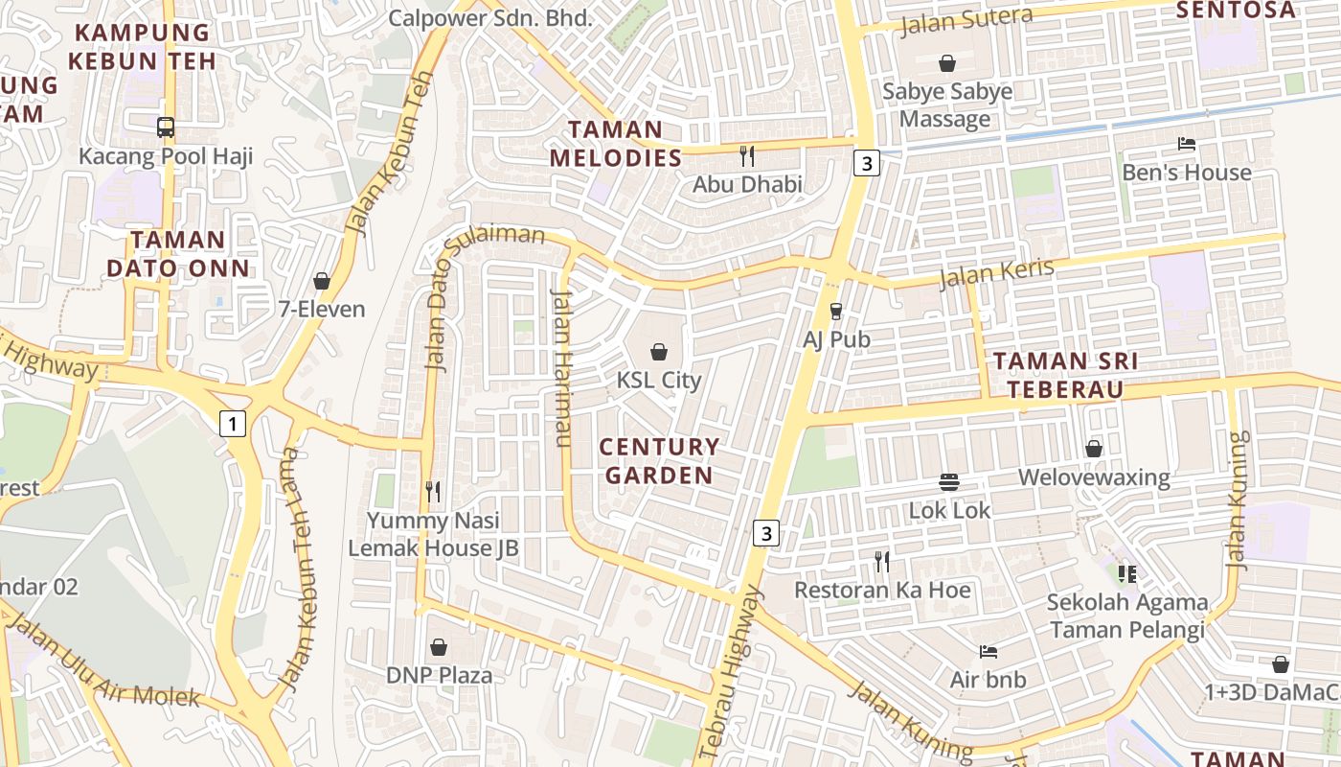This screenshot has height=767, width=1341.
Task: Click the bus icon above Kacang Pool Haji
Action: pyautogui.click(x=166, y=127)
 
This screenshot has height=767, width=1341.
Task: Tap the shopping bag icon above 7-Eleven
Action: pyautogui.click(x=322, y=281)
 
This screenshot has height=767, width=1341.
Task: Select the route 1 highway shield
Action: pyautogui.click(x=232, y=423)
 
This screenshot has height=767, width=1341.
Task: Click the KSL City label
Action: pyautogui.click(x=659, y=380)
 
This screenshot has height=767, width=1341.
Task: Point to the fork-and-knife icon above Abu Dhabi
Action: pyautogui.click(x=747, y=155)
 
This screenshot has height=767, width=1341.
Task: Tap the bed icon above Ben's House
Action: pyautogui.click(x=1187, y=144)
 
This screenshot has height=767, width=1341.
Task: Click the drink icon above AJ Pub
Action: pyautogui.click(x=836, y=311)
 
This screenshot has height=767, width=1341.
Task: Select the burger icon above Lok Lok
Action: pyautogui.click(x=949, y=481)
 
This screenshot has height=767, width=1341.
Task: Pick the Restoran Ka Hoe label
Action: pyautogui.click(x=882, y=590)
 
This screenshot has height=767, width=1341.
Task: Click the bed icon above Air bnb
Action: pyautogui.click(x=989, y=652)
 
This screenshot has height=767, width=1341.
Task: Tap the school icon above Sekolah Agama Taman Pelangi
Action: pyautogui.click(x=1126, y=573)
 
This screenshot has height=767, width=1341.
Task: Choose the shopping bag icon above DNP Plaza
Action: pyautogui.click(x=439, y=647)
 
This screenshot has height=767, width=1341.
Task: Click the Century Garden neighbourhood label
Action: pyautogui.click(x=659, y=461)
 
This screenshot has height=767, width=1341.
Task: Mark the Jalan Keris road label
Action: pyautogui.click(x=996, y=273)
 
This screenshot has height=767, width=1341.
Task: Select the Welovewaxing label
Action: pyautogui.click(x=1094, y=477)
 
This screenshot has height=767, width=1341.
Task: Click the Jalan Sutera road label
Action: pyautogui.click(x=966, y=20)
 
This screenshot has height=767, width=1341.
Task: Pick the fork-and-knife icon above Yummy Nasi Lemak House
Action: pyautogui.click(x=433, y=492)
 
